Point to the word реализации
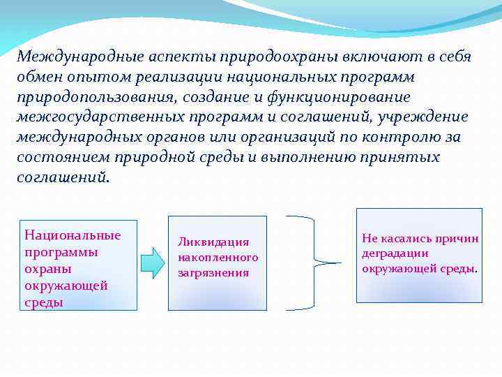tap(173, 77)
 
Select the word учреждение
tap(430, 117)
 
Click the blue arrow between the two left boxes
tap(152, 263)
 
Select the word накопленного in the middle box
tap(218, 257)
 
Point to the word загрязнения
tap(213, 272)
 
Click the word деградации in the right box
tap(395, 253)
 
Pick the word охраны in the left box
tap(46, 269)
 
